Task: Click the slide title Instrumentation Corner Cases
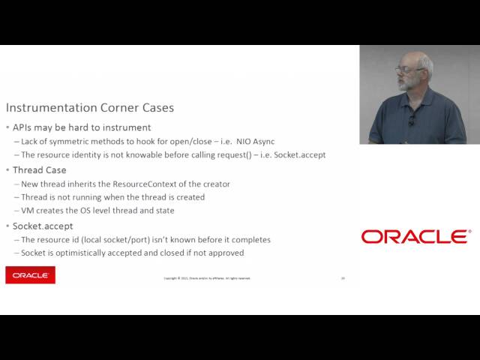[90, 107]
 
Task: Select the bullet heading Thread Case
[40, 169]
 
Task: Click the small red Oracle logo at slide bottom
[30, 275]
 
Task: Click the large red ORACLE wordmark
[415, 237]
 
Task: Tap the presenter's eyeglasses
[408, 70]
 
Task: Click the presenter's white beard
[410, 84]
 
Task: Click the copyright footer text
[207, 278]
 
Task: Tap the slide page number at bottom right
[343, 277]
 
